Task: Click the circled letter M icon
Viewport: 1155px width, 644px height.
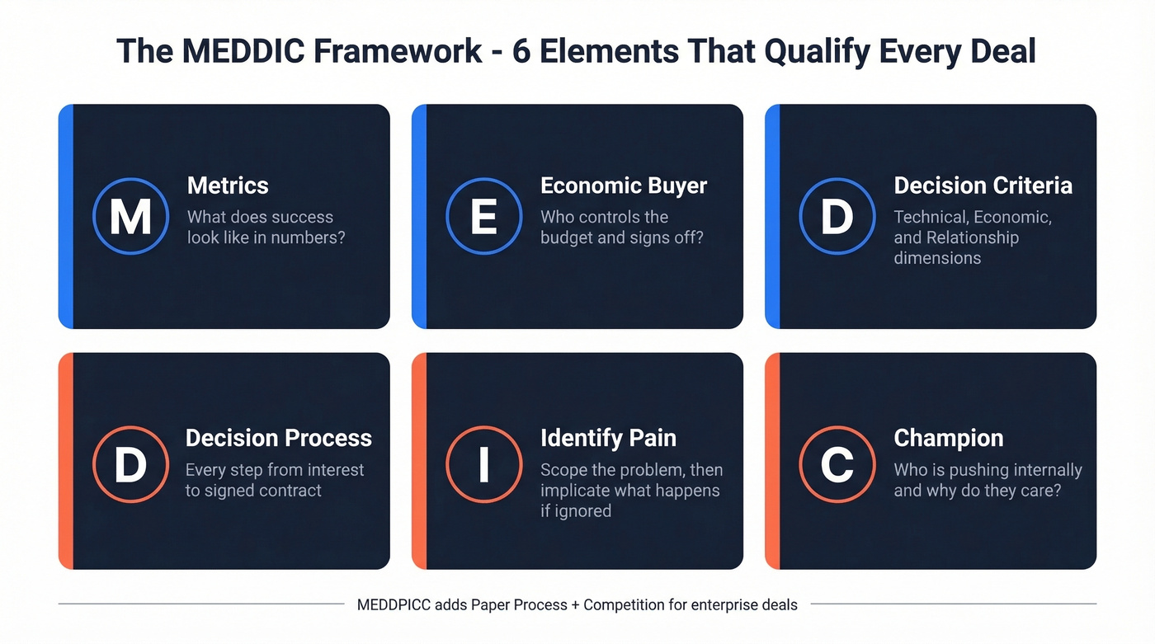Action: [131, 216]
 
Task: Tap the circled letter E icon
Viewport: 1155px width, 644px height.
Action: [484, 216]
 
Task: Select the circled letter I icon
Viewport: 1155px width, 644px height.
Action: [484, 464]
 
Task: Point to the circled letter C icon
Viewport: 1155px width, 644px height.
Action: [837, 464]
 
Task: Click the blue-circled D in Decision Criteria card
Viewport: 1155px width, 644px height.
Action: [837, 216]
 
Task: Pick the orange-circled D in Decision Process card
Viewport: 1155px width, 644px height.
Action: [131, 464]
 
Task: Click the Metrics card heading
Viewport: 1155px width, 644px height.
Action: [228, 186]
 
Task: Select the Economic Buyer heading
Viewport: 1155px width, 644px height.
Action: [624, 186]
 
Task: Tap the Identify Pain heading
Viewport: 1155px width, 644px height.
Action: [608, 438]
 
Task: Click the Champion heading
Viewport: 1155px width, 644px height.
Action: [949, 438]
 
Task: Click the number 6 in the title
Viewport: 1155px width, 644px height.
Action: [521, 51]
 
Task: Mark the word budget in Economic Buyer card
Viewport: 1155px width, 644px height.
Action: [566, 238]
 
